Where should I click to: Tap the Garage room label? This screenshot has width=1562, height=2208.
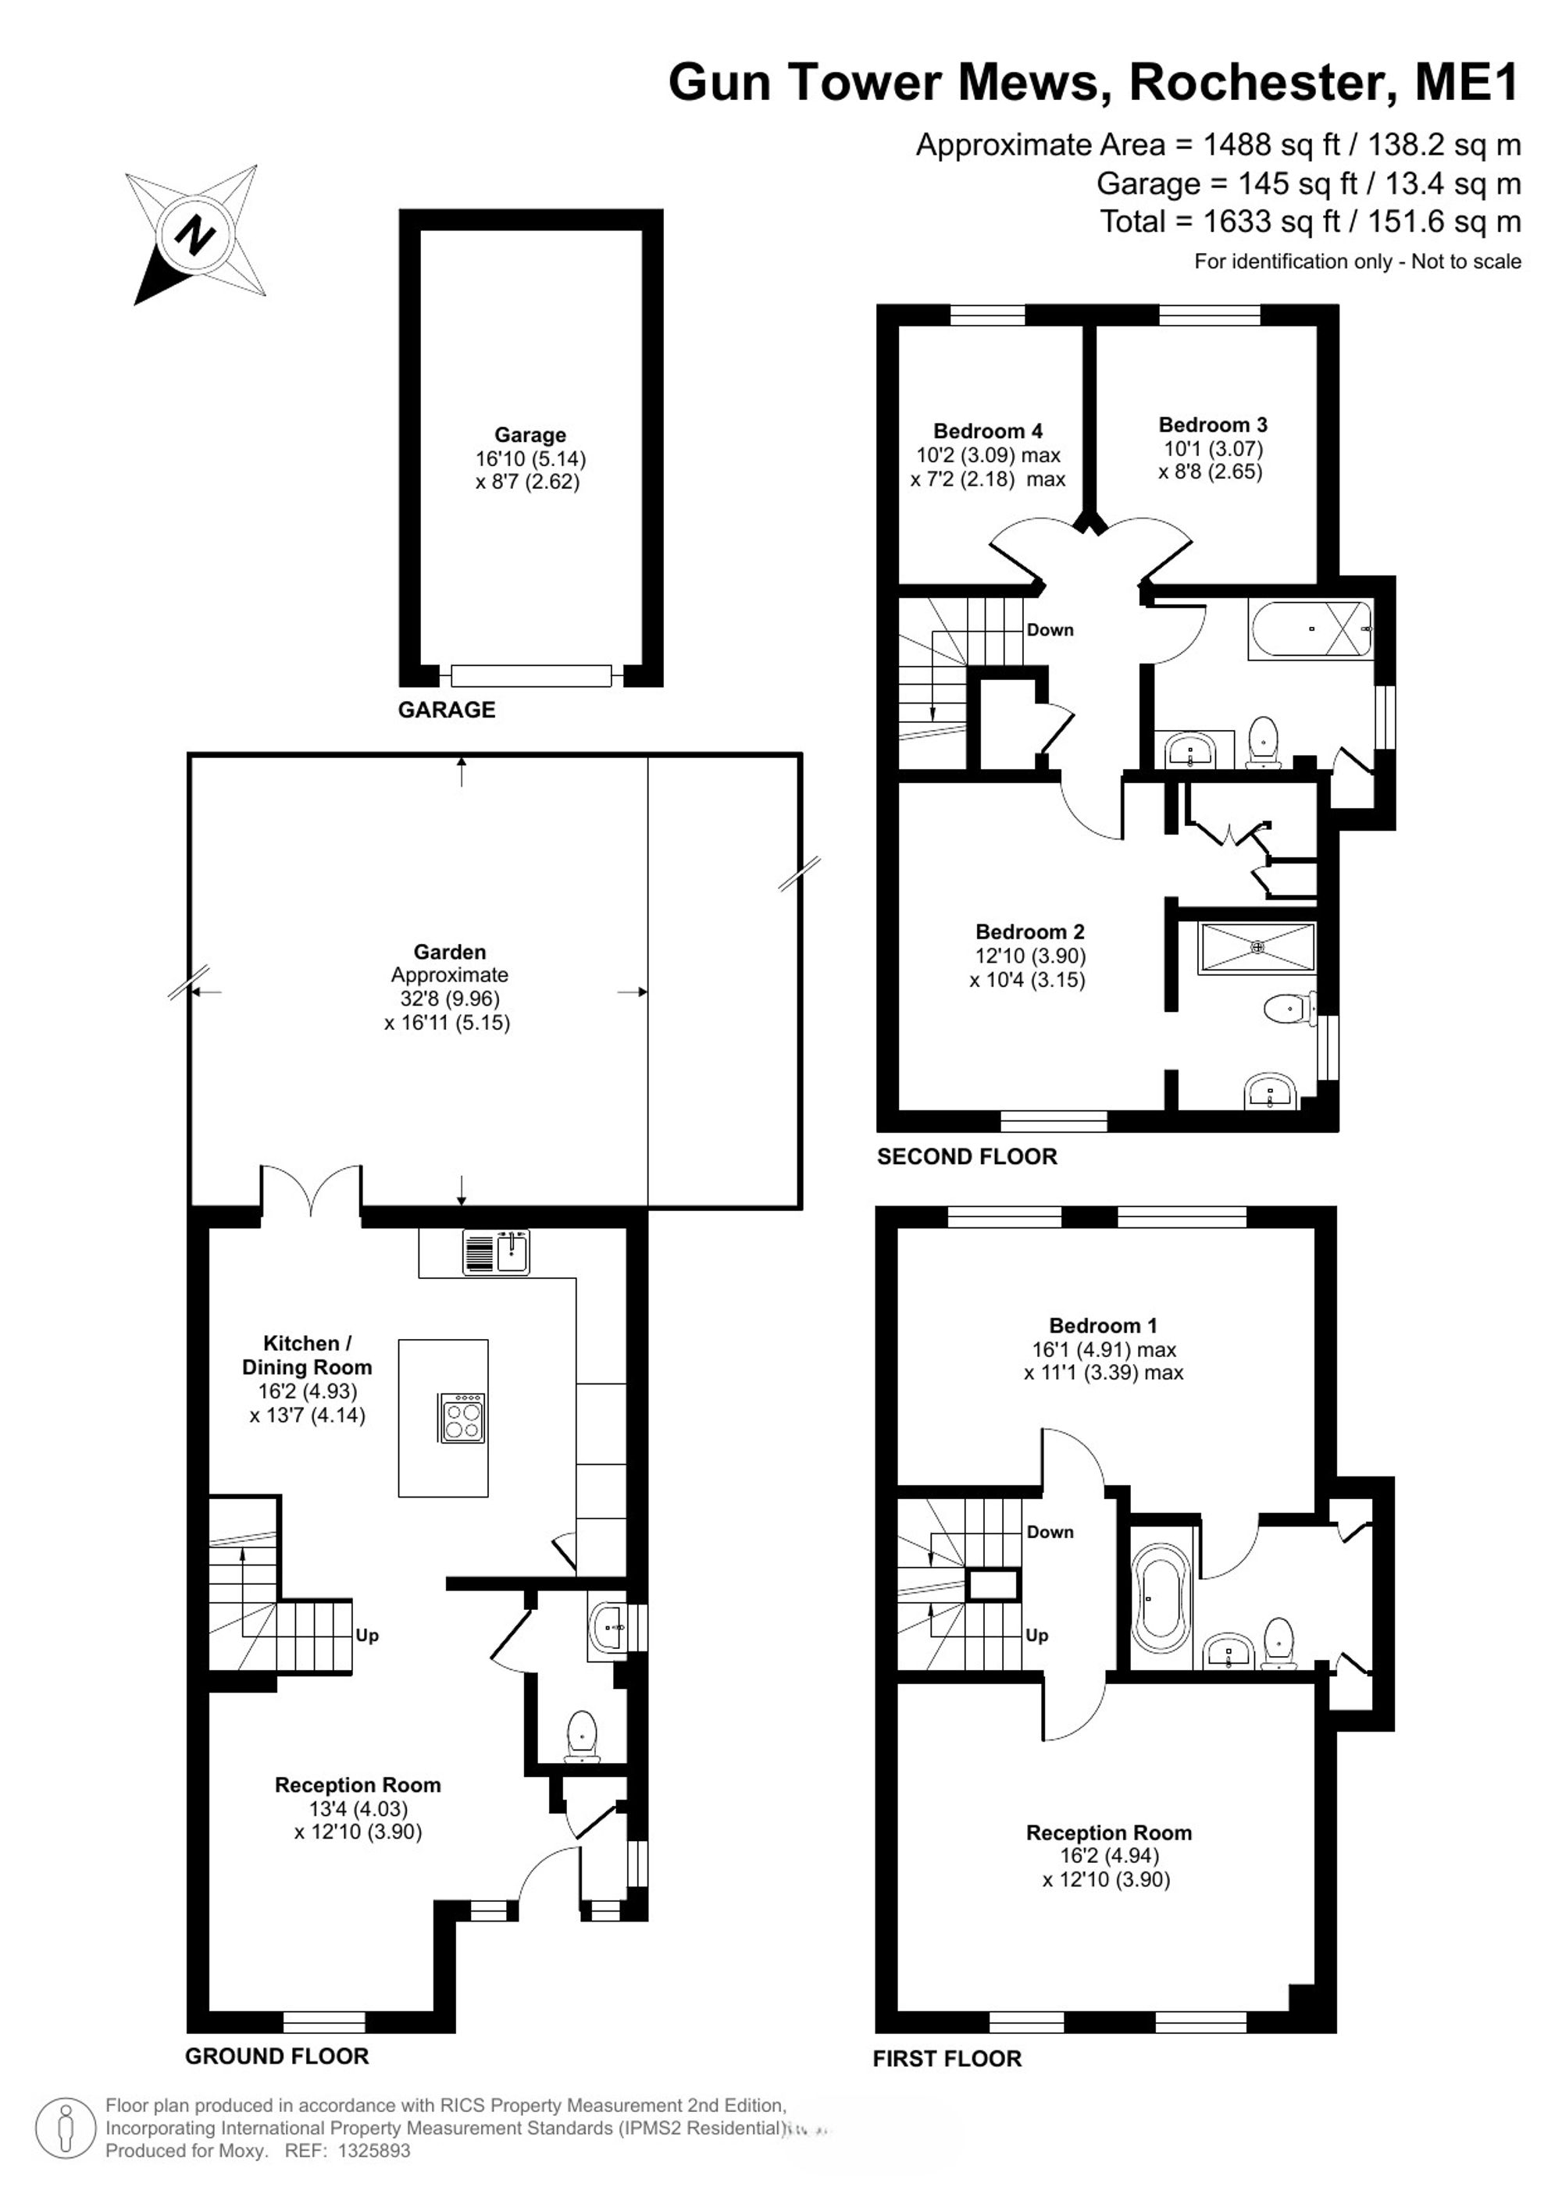(x=530, y=435)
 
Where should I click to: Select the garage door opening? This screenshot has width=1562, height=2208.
(x=531, y=675)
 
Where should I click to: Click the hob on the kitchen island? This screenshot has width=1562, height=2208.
(x=462, y=1419)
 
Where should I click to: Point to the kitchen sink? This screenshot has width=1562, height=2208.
(x=496, y=1252)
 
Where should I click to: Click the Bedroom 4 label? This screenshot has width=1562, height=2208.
(x=988, y=431)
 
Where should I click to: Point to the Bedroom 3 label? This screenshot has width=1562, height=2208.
(x=1213, y=424)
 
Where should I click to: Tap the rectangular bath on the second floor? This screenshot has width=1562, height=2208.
(x=1310, y=629)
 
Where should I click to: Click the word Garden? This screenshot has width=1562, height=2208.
(x=449, y=952)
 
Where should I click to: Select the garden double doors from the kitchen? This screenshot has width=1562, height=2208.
(x=311, y=1191)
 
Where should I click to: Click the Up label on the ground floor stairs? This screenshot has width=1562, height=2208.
(x=366, y=1635)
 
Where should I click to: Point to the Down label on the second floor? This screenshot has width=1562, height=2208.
(x=1050, y=630)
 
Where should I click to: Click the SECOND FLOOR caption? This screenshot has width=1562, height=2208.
(x=967, y=1156)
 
